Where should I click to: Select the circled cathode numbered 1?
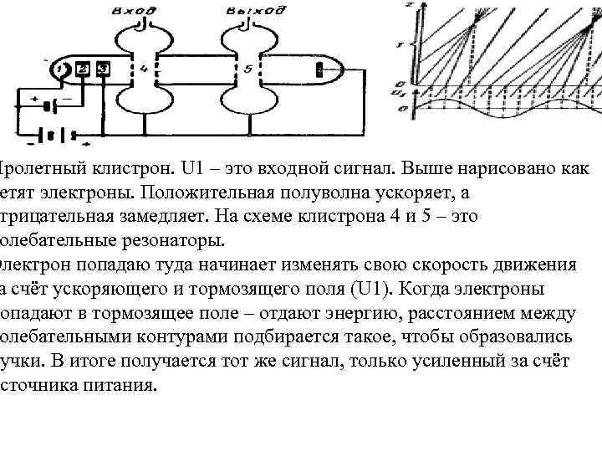(59, 69)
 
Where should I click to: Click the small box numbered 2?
(83, 69)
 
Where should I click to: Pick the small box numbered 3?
(102, 68)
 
